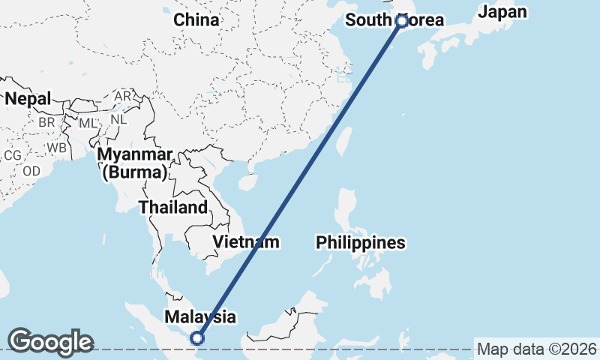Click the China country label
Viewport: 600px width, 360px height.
pyautogui.click(x=196, y=20)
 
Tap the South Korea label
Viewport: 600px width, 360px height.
pyautogui.click(x=394, y=20)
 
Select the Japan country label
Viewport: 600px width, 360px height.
pyautogui.click(x=502, y=12)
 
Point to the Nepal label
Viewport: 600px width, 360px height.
pyautogui.click(x=28, y=98)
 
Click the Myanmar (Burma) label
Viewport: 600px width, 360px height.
pyautogui.click(x=136, y=163)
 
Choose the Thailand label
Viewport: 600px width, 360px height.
pyautogui.click(x=172, y=207)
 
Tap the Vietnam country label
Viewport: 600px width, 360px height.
pyautogui.click(x=246, y=241)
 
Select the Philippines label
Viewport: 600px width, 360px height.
pyautogui.click(x=360, y=242)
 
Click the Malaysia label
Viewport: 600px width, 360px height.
pyautogui.click(x=200, y=317)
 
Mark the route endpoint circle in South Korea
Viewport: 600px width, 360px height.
pyautogui.click(x=401, y=21)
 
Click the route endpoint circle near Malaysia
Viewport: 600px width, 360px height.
pyautogui.click(x=198, y=338)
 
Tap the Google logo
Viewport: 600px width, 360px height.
pyautogui.click(x=50, y=342)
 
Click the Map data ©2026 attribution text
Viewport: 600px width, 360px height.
pyautogui.click(x=536, y=349)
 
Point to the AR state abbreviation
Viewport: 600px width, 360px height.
pyautogui.click(x=122, y=96)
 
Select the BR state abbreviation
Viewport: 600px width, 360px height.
pyautogui.click(x=46, y=121)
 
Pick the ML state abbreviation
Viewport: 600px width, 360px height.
pyautogui.click(x=88, y=122)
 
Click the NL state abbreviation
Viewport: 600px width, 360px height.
pyautogui.click(x=118, y=118)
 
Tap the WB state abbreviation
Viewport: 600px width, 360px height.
pyautogui.click(x=56, y=148)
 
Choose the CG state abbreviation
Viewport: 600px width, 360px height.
pyautogui.click(x=12, y=155)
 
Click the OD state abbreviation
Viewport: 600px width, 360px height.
pyautogui.click(x=31, y=171)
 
